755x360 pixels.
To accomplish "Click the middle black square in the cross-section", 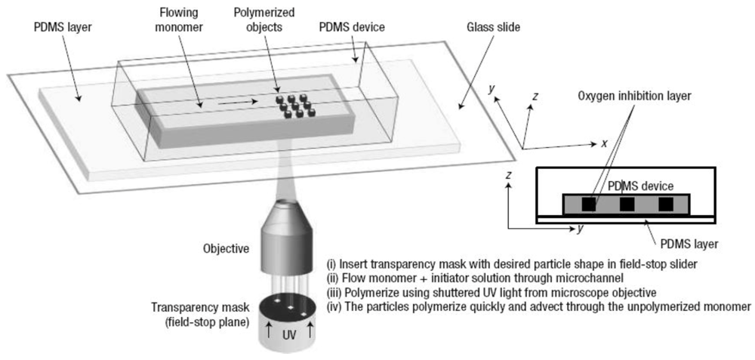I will pos(626,204).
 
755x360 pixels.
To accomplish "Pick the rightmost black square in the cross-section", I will pos(664,204).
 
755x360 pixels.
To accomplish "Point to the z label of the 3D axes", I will pos(535,96).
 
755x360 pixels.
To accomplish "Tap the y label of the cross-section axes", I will pos(580,229).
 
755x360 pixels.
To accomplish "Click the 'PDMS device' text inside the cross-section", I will pos(639,186).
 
